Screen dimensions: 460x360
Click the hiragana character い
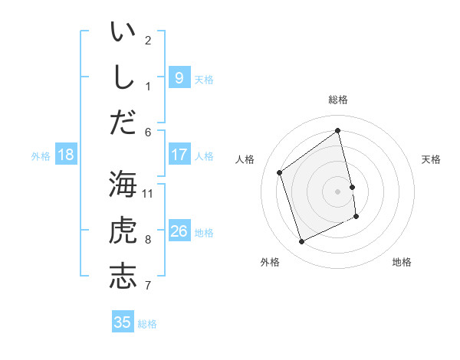pyautogui.click(x=123, y=33)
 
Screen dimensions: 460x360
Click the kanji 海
pyautogui.click(x=123, y=185)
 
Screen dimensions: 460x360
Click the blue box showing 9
pyautogui.click(x=179, y=78)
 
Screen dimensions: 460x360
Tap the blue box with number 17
pyautogui.click(x=179, y=155)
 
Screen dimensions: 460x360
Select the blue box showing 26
pyautogui.click(x=179, y=231)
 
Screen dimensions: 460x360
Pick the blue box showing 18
pyautogui.click(x=66, y=155)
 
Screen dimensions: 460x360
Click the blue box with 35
pyautogui.click(x=123, y=322)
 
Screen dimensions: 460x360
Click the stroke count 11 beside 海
pyautogui.click(x=148, y=193)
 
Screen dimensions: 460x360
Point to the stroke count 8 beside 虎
pyautogui.click(x=148, y=240)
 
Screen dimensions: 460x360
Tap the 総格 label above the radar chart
pyautogui.click(x=338, y=100)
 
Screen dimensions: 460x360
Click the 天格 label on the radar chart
pyautogui.click(x=432, y=159)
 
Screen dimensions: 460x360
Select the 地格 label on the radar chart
pyautogui.click(x=402, y=262)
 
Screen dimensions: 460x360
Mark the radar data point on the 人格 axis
pyautogui.click(x=279, y=172)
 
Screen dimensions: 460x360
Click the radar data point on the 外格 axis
pyautogui.click(x=301, y=242)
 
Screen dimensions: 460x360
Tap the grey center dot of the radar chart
pyautogui.click(x=337, y=191)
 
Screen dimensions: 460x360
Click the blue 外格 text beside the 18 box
pyautogui.click(x=41, y=156)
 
